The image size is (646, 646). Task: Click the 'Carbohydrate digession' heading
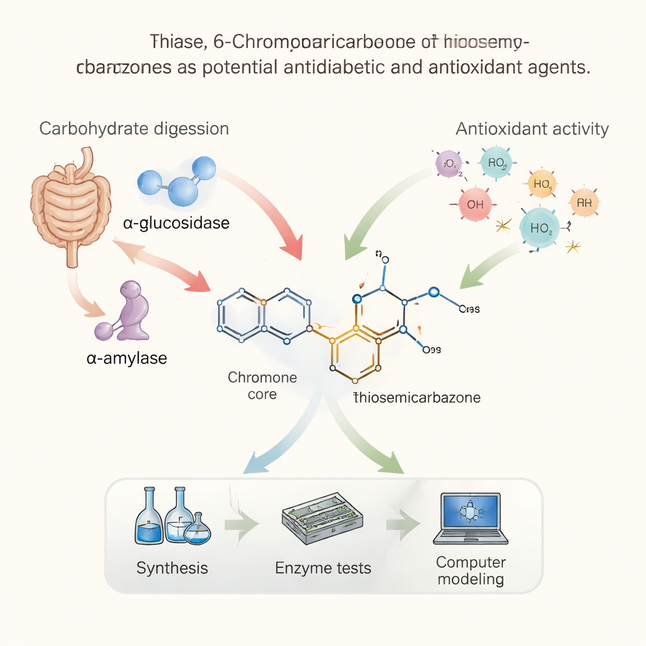134,129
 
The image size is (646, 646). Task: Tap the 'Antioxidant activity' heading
532,129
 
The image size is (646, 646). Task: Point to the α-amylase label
127,359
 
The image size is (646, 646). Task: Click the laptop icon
471,519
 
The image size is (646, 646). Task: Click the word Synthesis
172,568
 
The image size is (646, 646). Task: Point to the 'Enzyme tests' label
323,568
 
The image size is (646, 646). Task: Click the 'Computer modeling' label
471,570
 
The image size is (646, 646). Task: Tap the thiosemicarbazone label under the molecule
417,397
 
